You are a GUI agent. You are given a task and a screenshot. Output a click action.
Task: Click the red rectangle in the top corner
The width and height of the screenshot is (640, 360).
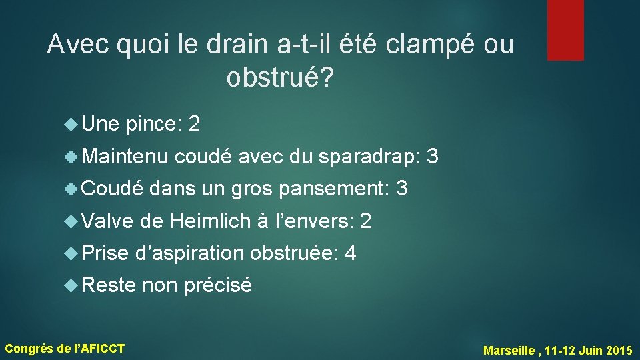tap(565, 29)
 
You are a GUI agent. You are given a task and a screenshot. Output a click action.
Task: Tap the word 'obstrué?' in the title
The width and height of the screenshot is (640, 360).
tap(280, 78)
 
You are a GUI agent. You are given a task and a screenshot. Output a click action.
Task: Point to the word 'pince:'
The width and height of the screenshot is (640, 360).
tap(154, 123)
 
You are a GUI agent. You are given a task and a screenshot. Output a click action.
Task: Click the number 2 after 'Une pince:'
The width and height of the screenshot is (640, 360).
tap(195, 123)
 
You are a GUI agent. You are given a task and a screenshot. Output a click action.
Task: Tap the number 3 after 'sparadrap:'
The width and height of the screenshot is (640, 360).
tap(432, 157)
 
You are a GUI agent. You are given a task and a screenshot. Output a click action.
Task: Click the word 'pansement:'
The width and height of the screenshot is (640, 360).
tap(334, 189)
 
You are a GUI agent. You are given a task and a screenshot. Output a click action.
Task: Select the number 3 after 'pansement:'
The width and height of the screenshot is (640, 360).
tap(401, 189)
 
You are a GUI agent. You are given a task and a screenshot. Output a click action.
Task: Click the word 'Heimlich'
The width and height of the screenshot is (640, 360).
tap(209, 221)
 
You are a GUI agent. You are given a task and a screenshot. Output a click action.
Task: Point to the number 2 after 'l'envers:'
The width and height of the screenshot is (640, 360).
tap(365, 221)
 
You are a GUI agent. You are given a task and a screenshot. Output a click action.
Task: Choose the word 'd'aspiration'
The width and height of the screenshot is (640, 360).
tap(190, 253)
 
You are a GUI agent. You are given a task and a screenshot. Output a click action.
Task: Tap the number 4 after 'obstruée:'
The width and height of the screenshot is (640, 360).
tap(351, 253)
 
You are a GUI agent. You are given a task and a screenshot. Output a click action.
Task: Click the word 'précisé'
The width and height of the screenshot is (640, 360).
tap(217, 285)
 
